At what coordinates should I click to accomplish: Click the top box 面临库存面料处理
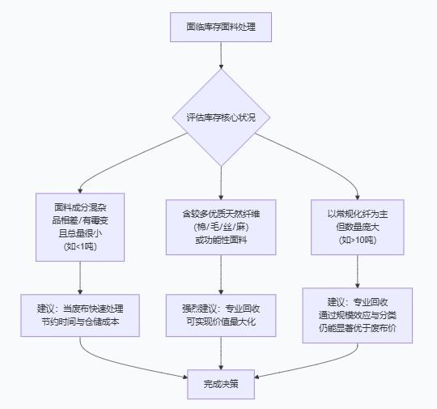(x=221, y=27)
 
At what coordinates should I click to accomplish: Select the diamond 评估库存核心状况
(x=221, y=117)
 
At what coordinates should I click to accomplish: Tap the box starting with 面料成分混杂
(x=80, y=226)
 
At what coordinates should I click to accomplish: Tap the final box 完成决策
(x=220, y=385)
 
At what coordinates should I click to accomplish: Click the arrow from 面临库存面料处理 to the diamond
(x=221, y=55)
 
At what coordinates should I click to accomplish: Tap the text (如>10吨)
(x=358, y=240)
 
